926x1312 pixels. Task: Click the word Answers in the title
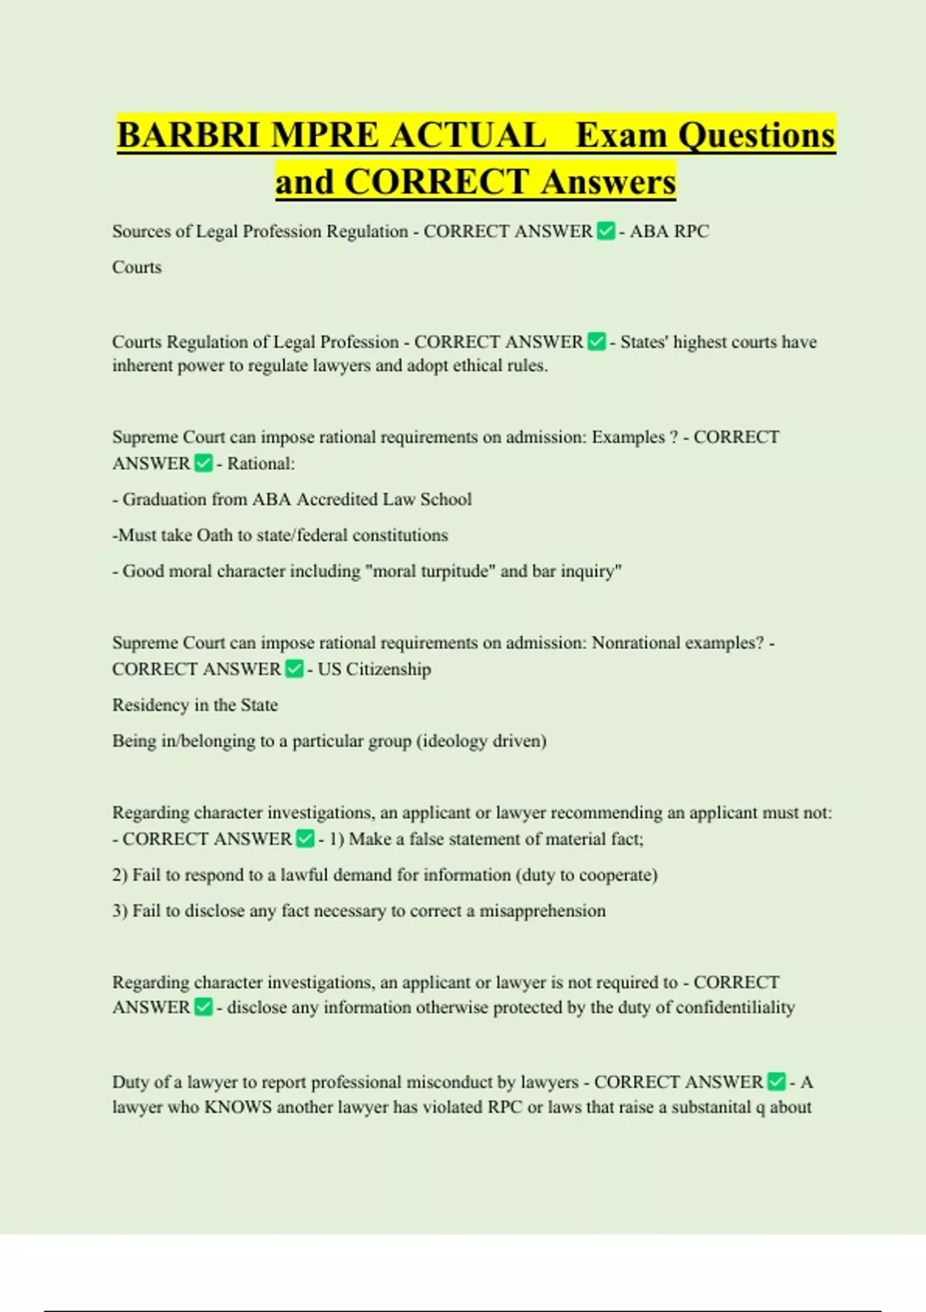(x=608, y=182)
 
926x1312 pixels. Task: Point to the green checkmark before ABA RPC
(x=607, y=232)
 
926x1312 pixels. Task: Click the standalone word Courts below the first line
(x=137, y=267)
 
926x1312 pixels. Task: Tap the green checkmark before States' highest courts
(x=596, y=342)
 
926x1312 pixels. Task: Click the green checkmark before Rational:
(x=204, y=464)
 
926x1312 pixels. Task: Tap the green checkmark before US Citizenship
(x=294, y=669)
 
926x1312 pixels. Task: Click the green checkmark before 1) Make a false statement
(x=306, y=839)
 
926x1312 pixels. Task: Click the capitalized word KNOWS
(x=238, y=1107)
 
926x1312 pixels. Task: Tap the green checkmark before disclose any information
(x=204, y=1008)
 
